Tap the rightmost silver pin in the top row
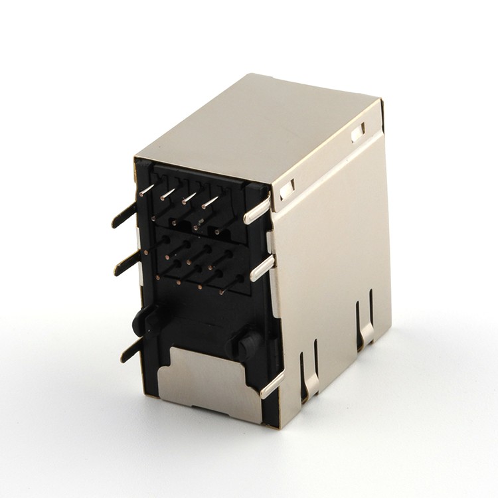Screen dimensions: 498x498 (211, 201)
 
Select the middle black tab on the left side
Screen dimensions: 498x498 (125, 265)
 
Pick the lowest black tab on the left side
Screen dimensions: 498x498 (131, 351)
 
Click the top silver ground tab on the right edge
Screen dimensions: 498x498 (258, 210)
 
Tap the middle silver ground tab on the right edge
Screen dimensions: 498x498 (262, 268)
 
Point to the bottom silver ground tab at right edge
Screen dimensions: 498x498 (272, 384)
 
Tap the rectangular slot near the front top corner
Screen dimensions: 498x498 (287, 190)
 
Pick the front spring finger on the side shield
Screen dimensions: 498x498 (309, 372)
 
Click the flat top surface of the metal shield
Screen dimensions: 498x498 (259, 126)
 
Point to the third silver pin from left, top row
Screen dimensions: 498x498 (190, 197)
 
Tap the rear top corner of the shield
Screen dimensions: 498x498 (381, 101)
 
